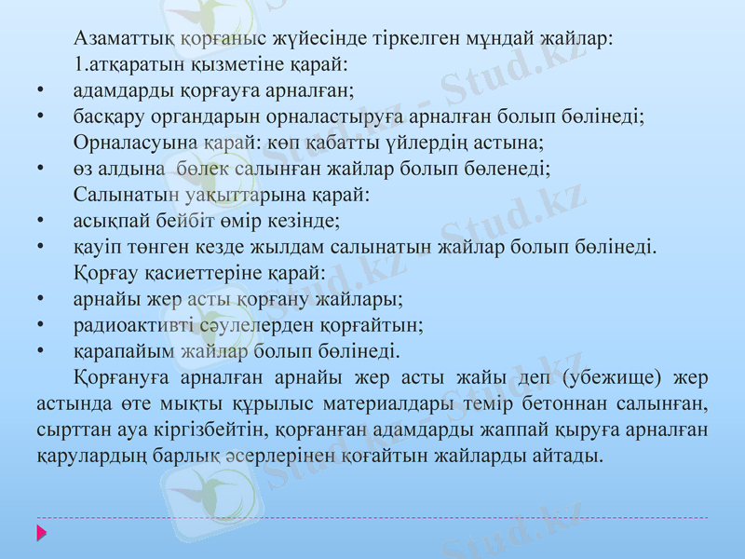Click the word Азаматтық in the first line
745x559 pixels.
(119, 39)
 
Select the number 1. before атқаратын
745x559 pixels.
(79, 65)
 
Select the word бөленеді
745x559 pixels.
(511, 170)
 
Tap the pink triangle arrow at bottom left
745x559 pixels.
(41, 534)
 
